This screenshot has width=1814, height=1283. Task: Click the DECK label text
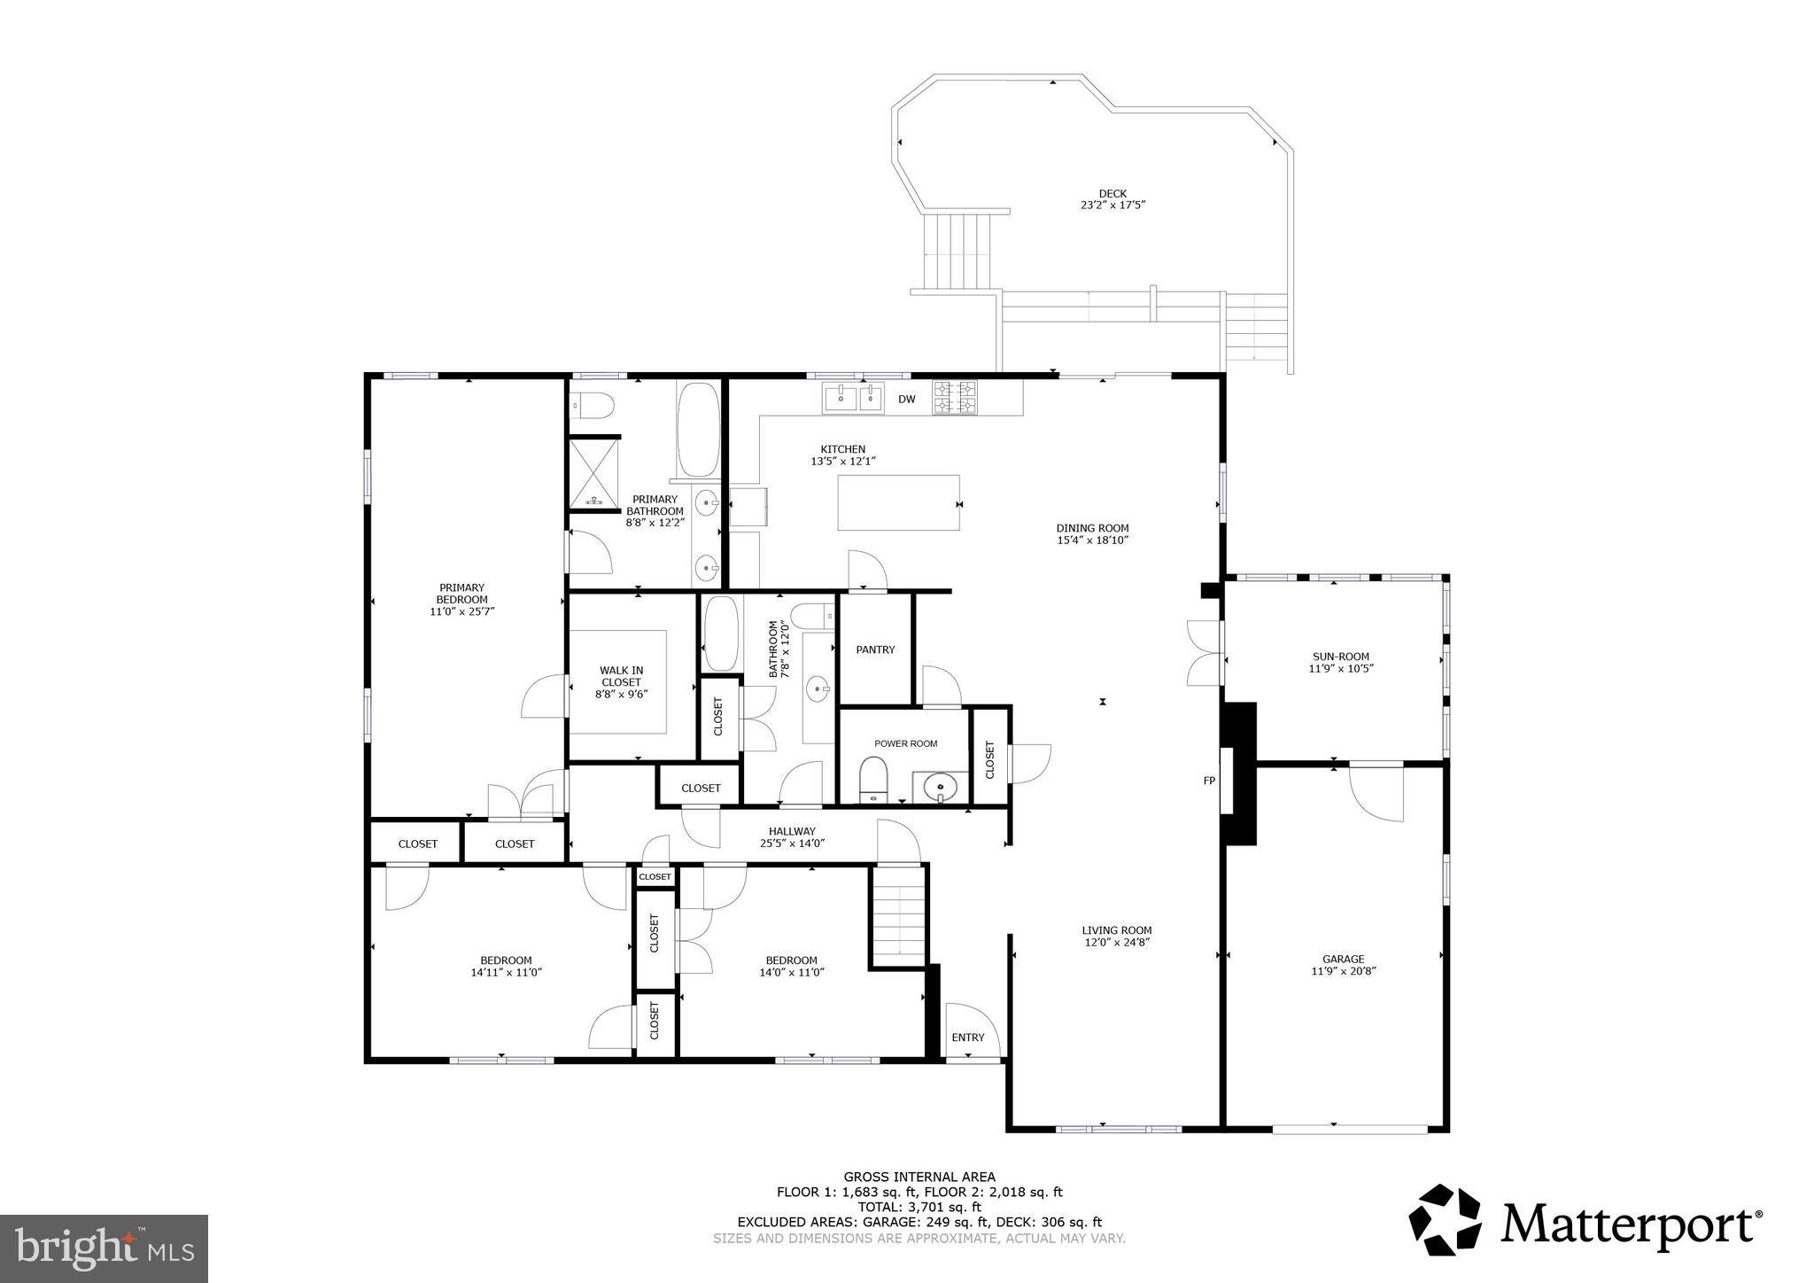pos(1112,193)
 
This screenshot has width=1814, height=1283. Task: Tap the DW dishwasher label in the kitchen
pos(906,400)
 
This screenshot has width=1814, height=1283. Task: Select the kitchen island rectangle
pos(898,502)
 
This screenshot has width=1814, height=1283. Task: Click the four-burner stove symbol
pos(954,398)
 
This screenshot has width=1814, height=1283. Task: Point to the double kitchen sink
pos(854,398)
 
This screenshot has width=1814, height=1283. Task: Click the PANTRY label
pos(875,649)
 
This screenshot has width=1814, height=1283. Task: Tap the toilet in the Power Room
pos(873,778)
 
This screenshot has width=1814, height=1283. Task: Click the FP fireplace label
pos(1208,781)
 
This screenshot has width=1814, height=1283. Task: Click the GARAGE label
pos(1343,959)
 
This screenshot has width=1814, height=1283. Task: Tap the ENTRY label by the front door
pos(967,1038)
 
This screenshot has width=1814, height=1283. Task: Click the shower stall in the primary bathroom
pos(593,473)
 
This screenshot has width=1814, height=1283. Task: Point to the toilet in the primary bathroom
pos(592,406)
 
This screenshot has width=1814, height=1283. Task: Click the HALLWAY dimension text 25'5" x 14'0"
pos(792,844)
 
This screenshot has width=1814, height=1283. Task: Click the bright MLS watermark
pos(104,1248)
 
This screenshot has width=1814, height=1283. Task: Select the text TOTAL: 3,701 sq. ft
pos(919,1207)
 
